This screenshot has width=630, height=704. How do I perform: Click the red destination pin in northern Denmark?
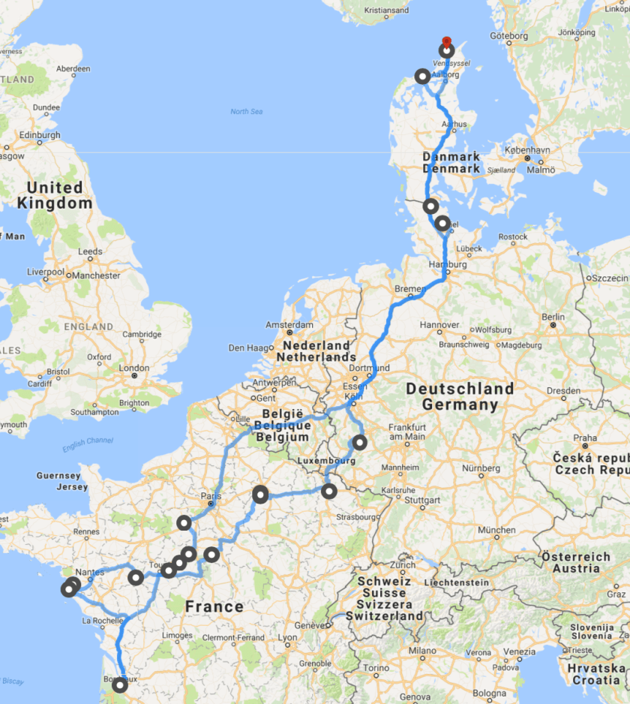(x=446, y=42)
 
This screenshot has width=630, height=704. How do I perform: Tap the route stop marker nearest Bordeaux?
(x=119, y=684)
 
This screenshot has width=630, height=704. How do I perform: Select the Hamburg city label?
(x=448, y=265)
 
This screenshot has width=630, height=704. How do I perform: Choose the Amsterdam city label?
(x=289, y=325)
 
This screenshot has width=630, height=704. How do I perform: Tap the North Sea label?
(x=246, y=112)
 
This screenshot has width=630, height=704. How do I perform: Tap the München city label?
(x=497, y=530)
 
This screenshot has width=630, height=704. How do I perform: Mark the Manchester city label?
(x=93, y=275)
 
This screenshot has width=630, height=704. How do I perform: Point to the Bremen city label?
(x=409, y=289)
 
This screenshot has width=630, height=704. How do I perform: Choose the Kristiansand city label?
(x=385, y=11)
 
